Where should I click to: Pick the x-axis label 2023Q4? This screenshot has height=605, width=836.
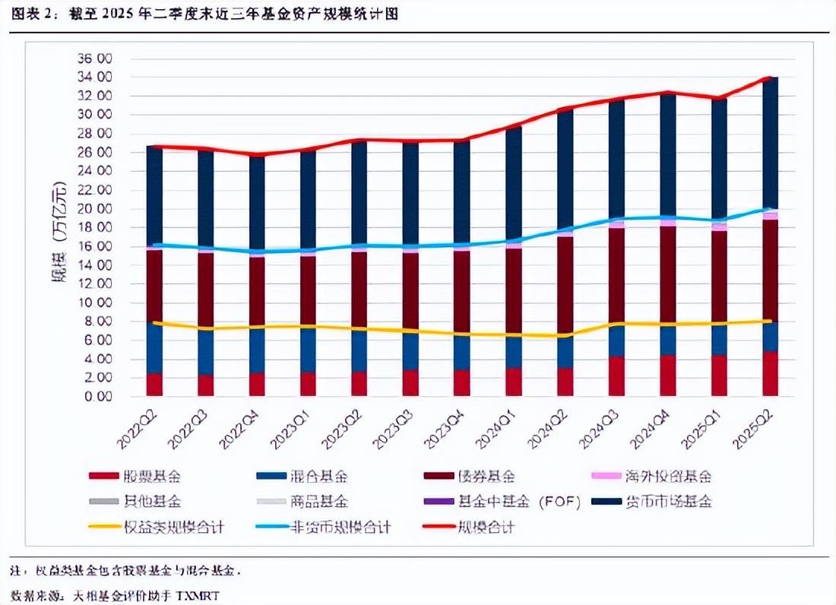449,427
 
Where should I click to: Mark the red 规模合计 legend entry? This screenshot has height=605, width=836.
485,526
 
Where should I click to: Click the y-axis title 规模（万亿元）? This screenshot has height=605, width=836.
60,225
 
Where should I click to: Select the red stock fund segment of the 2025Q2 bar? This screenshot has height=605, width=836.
769,374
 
